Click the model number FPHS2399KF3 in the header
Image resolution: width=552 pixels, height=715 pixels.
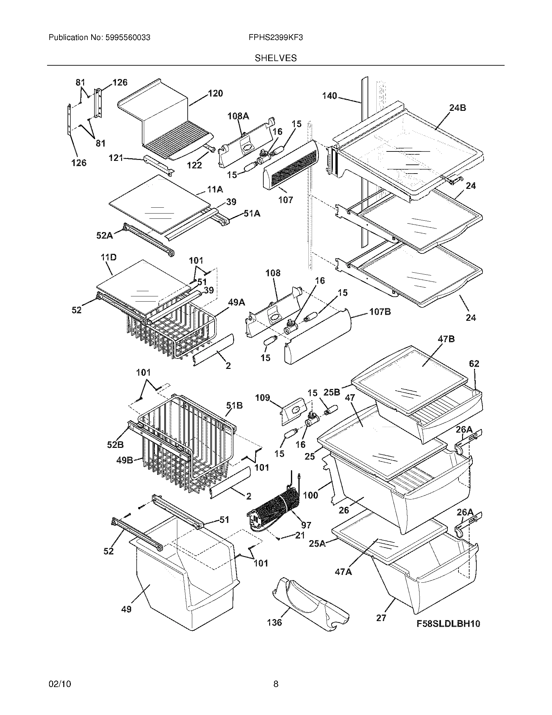275,38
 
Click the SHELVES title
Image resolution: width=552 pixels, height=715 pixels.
276,58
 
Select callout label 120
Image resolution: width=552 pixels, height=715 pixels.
215,93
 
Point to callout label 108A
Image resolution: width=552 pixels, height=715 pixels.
238,116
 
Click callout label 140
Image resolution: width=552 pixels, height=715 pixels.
329,96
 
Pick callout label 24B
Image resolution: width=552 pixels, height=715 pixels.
458,108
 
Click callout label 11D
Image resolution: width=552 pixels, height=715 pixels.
108,257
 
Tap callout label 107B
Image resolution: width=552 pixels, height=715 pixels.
380,312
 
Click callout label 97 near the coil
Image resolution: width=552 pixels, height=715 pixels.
306,525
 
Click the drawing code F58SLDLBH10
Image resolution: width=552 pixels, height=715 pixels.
448,624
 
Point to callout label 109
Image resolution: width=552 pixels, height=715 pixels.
262,398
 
